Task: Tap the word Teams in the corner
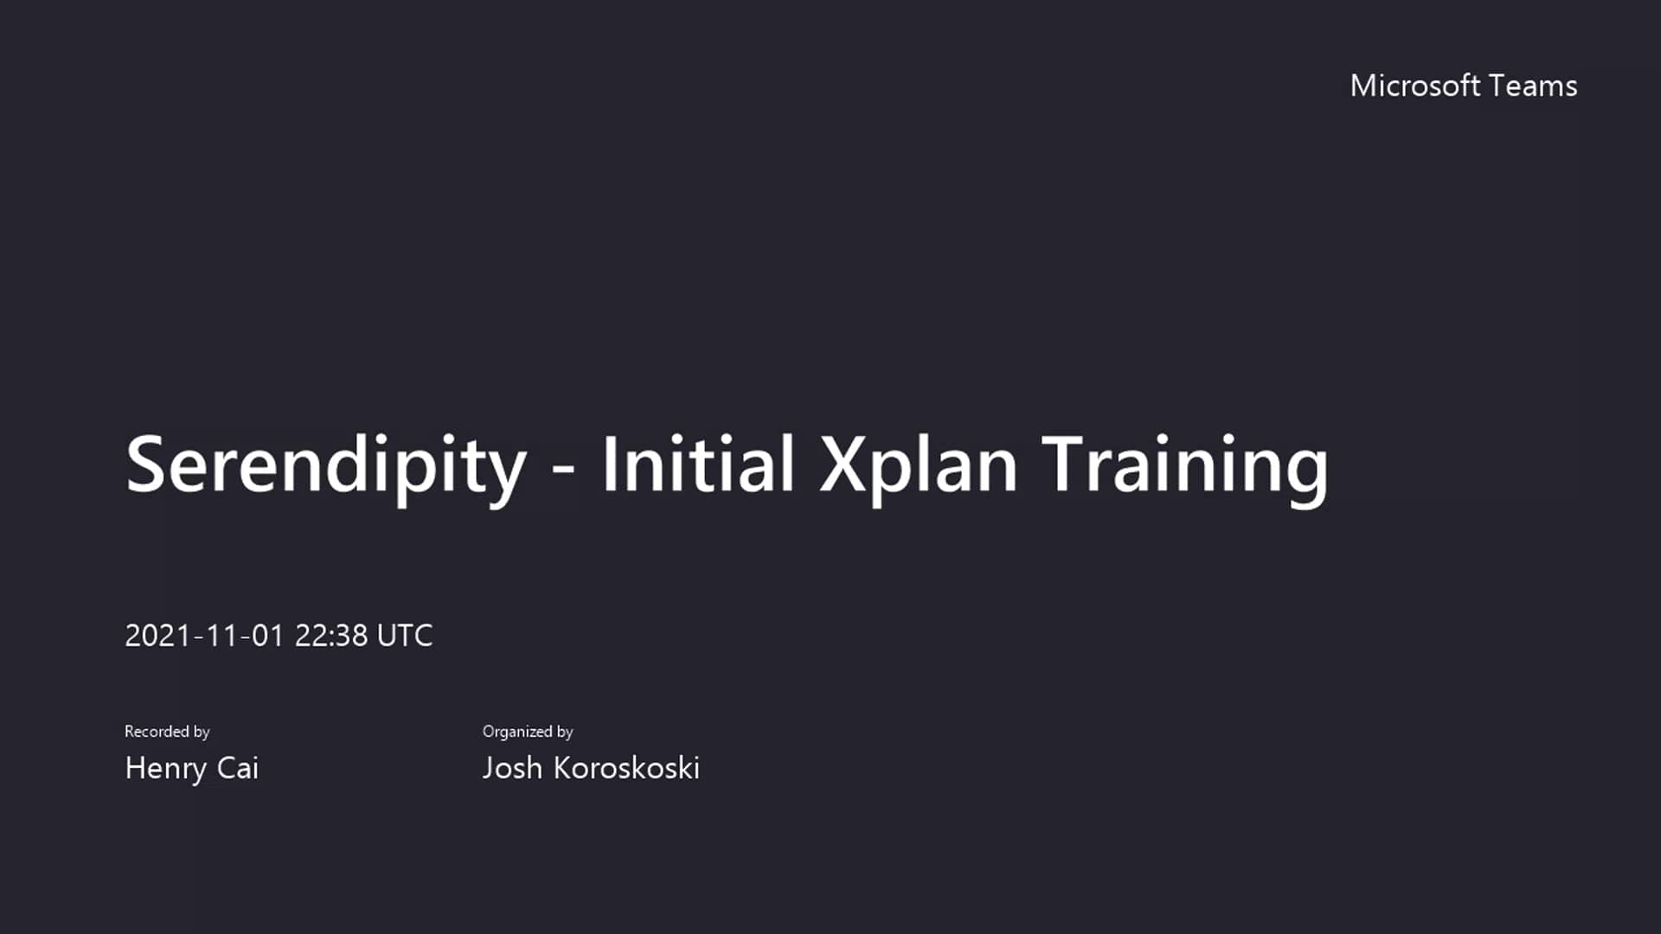click(x=1534, y=86)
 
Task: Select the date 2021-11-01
click(x=204, y=636)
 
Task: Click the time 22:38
click(x=331, y=636)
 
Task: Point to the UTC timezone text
click(x=405, y=636)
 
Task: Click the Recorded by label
click(x=167, y=732)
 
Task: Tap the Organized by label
click(x=528, y=732)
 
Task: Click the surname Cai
click(x=238, y=768)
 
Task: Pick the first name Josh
click(x=512, y=768)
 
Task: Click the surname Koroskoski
click(x=626, y=768)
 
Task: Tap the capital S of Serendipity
click(x=145, y=464)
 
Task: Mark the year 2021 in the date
click(x=157, y=636)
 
